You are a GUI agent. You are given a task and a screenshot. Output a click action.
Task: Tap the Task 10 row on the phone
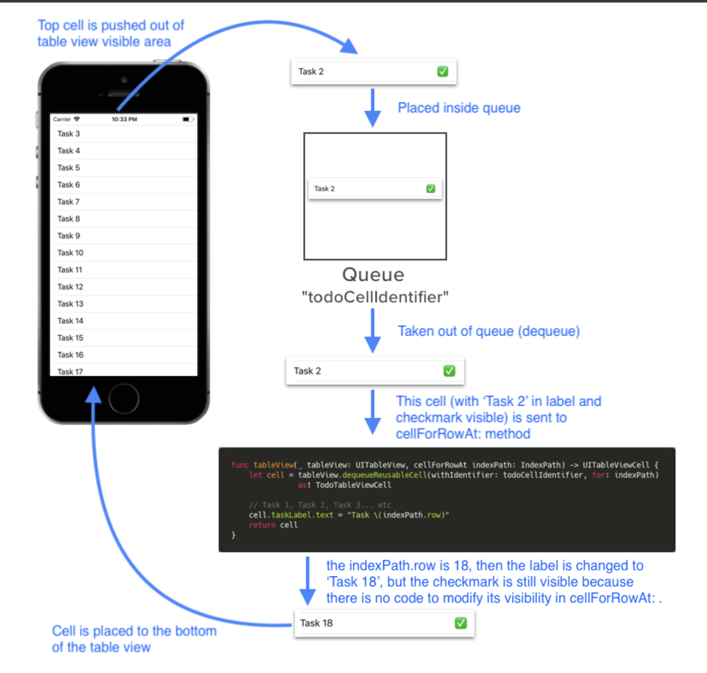point(71,253)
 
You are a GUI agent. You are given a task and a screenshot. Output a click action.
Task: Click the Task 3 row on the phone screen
point(69,134)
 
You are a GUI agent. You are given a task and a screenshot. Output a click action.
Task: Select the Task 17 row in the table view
point(71,372)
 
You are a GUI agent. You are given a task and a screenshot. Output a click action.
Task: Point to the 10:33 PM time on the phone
point(124,120)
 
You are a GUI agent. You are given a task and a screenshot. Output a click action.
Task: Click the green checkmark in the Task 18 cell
point(460,623)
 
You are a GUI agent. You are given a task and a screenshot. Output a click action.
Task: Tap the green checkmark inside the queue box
point(430,189)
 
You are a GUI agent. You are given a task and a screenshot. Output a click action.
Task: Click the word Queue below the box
point(373,275)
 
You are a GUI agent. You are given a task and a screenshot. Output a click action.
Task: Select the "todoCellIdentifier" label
point(375,297)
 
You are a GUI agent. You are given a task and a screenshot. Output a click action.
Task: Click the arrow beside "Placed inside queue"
point(372,108)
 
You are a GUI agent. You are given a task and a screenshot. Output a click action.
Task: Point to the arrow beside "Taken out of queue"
point(372,331)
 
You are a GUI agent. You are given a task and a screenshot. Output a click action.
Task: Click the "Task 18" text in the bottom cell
point(316,623)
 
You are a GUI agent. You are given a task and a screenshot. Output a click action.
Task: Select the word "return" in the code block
point(262,525)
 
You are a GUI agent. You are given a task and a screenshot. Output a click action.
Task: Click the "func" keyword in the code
point(239,465)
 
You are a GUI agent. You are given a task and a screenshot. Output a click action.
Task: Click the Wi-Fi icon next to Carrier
point(77,119)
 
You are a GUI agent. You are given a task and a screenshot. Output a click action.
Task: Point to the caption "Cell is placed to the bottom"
point(134,631)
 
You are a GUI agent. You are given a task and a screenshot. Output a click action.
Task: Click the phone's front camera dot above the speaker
point(124,80)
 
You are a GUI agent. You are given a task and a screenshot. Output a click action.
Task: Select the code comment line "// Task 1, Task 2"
point(320,505)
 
